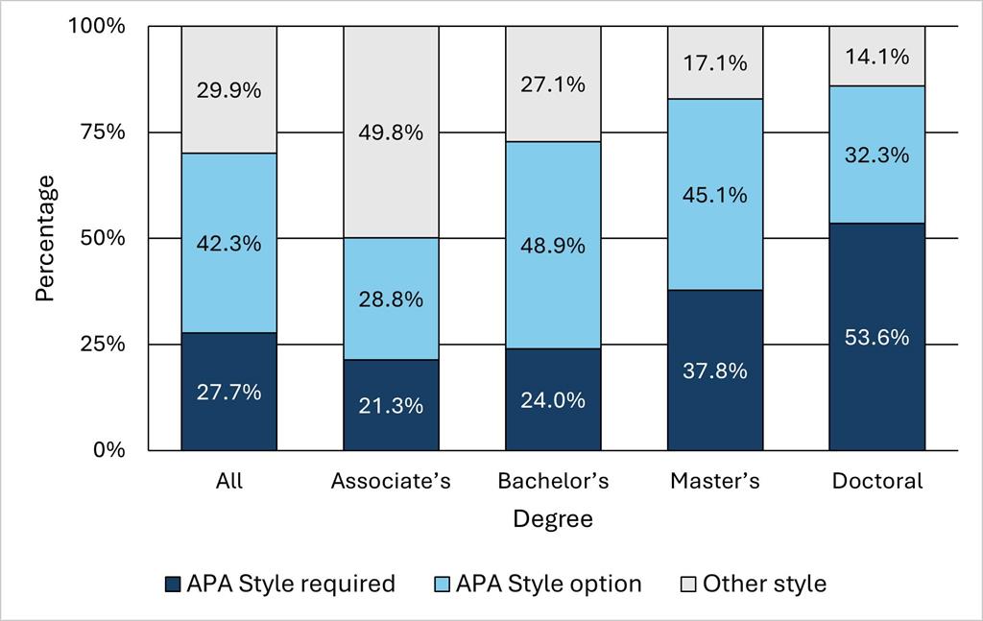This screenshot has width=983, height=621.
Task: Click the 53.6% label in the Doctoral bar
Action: point(877,338)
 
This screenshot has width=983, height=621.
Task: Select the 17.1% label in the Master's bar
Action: point(715,63)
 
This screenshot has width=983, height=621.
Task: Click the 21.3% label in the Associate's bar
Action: point(392,406)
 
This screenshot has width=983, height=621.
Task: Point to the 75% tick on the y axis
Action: point(102,132)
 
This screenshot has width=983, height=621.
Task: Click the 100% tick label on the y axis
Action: point(97,26)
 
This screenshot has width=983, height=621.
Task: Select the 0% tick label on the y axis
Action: point(108,450)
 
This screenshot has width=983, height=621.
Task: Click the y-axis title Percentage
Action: point(45,238)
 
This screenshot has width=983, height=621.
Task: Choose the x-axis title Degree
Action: point(552,519)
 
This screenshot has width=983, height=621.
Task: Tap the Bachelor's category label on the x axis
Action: point(553,481)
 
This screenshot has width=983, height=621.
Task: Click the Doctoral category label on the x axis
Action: point(877,481)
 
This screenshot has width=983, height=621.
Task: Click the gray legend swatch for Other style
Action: point(687,584)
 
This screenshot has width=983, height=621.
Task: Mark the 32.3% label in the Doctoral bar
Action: point(877,155)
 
